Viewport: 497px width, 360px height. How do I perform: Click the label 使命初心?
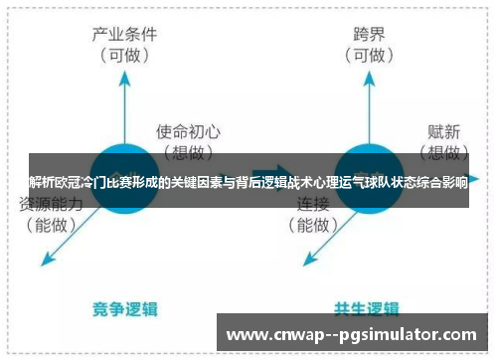[189, 130]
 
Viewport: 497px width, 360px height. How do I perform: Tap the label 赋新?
[444, 130]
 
